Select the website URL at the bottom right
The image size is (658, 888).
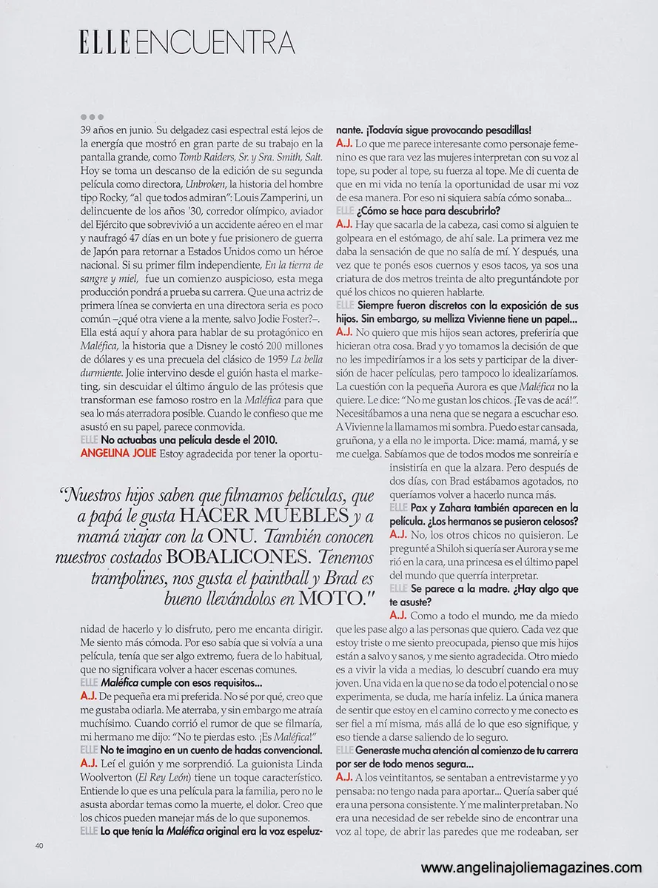[x=531, y=868]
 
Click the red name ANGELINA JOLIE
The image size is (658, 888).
[x=118, y=453]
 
